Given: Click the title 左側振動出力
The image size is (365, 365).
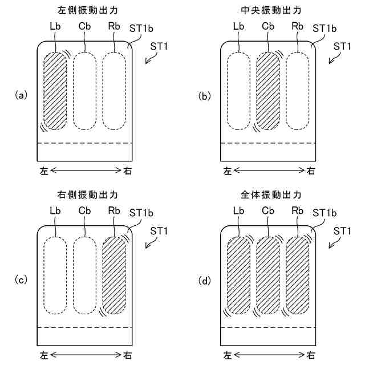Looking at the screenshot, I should pos(84,10).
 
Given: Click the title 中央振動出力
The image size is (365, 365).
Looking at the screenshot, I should pos(267,10).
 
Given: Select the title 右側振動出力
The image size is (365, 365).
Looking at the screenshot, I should pos(84,195).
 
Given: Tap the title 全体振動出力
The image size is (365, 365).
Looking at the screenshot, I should pos(267,195).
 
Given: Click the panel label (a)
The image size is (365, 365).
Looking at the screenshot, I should pos(21,95).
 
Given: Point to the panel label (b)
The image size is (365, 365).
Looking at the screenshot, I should pos(205,95).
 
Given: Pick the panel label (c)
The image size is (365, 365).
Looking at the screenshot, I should pos(21,279).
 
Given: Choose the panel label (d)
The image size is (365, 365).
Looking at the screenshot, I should pos(205,279).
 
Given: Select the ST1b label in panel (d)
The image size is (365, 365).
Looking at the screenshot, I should pos(324,213).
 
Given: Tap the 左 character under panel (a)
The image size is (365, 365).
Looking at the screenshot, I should pos(44,170).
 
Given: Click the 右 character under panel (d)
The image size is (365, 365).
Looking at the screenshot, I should pos(310,355).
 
